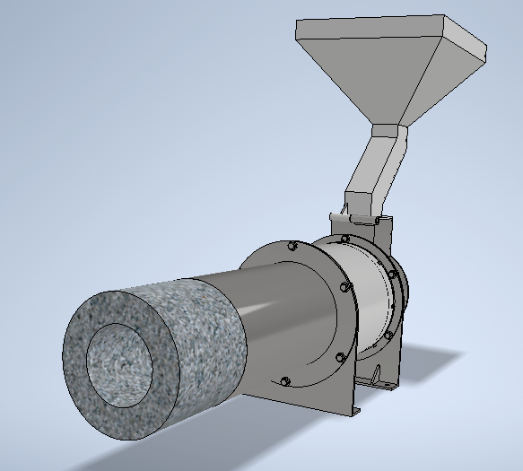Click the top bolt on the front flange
[292, 246]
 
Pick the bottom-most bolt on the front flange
[283, 381]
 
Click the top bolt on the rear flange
[345, 239]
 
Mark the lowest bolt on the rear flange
[388, 335]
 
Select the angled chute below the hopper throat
[372, 175]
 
